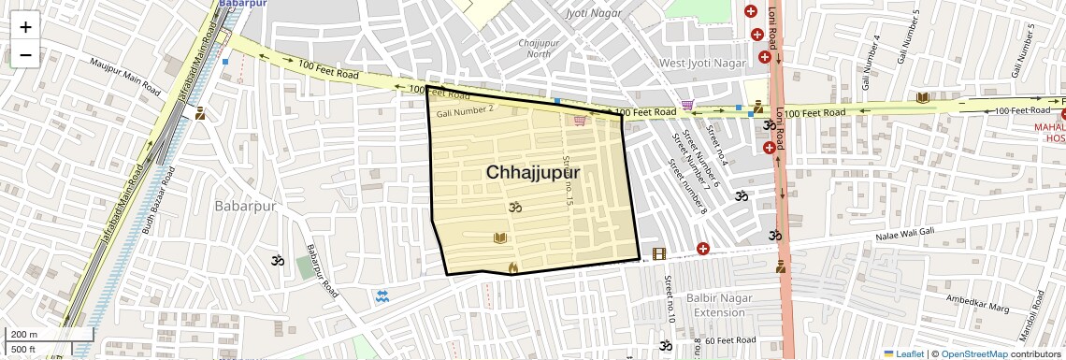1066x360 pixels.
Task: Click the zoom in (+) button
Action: (x=25, y=26)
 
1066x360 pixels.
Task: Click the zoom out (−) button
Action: (x=25, y=54)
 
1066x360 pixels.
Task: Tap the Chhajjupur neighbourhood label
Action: (x=533, y=173)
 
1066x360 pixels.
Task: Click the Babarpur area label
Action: (x=246, y=206)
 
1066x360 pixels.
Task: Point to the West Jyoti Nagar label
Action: (x=703, y=63)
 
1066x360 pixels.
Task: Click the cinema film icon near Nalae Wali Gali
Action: (x=659, y=253)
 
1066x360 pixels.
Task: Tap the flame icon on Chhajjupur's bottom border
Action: (x=512, y=267)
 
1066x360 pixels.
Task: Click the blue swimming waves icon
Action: (x=382, y=296)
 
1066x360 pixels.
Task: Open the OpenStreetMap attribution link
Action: (x=972, y=353)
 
